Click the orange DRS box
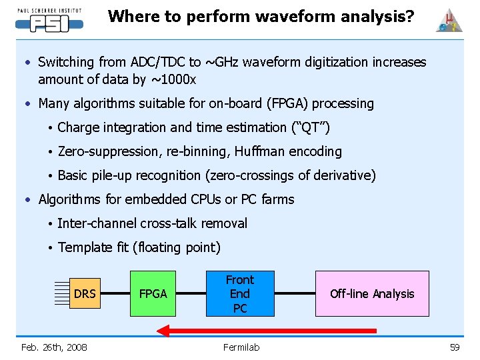(x=85, y=293)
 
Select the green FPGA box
(x=153, y=293)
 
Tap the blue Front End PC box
(x=240, y=293)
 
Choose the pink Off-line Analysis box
(x=372, y=293)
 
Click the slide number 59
(x=455, y=347)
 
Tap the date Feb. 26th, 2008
(x=54, y=347)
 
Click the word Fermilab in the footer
(x=241, y=347)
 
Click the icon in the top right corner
(x=449, y=21)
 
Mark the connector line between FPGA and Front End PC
(x=191, y=293)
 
